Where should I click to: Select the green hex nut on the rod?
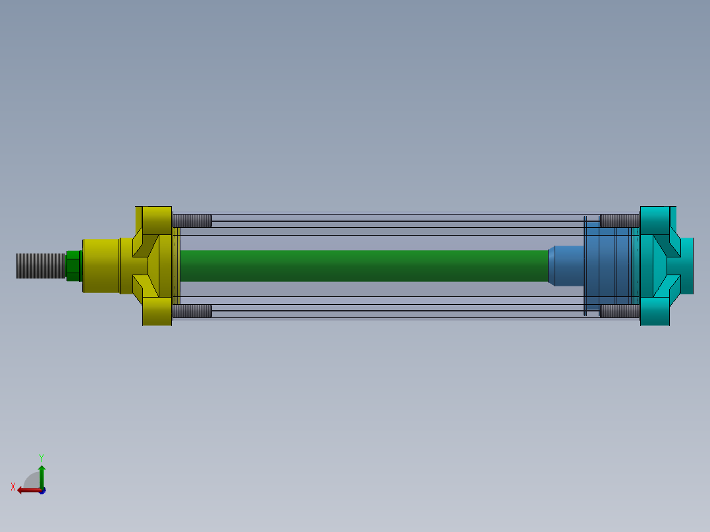coord(74,265)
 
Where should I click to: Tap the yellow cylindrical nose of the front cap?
coord(101,265)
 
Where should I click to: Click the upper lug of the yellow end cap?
coord(157,219)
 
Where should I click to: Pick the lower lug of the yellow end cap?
coord(157,311)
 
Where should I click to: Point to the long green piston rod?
coord(362,265)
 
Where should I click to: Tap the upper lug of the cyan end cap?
coord(655,219)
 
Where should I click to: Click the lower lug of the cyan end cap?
coord(655,311)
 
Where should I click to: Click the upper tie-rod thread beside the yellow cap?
coord(192,221)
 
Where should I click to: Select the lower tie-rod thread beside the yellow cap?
coord(192,311)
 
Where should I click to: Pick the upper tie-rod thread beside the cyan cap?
coord(620,221)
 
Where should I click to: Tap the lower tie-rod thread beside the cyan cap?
coord(620,311)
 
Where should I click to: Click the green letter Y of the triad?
coord(41,457)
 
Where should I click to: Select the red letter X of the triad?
coord(13,487)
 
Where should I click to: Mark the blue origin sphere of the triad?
coord(42,491)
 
